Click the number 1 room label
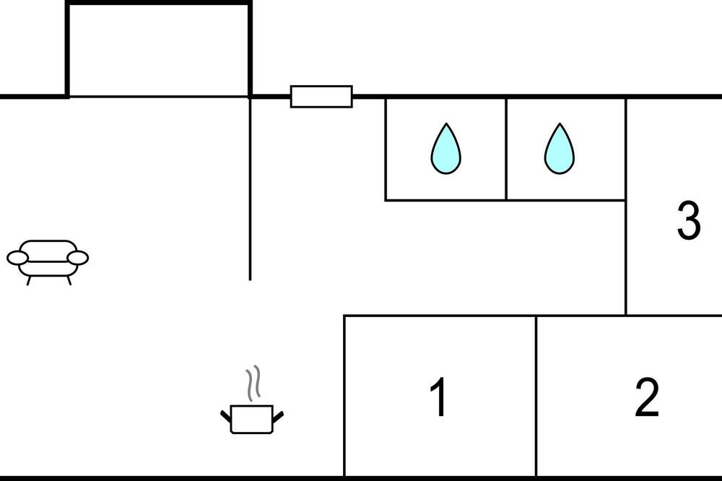coord(438,396)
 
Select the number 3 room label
coord(688,220)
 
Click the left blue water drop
coord(445,148)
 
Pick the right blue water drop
coord(560,148)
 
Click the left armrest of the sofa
coord(17,258)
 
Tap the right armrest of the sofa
coord(78,258)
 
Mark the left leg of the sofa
coord(29,280)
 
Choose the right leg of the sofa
coord(69,280)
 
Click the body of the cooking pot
coord(252,420)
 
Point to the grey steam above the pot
coord(253,382)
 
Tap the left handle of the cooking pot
coord(225,416)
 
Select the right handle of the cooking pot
coord(278,416)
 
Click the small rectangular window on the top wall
coord(321,96)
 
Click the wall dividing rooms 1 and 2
coord(536,396)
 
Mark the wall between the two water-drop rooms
coord(506,149)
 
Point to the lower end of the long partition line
coord(250,279)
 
